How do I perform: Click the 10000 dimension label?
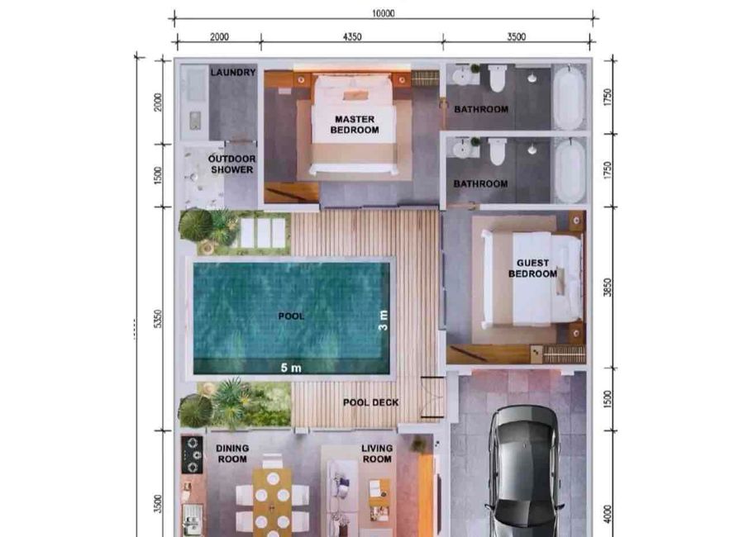(383, 13)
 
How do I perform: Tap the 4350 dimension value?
(352, 36)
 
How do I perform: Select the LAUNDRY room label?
(233, 73)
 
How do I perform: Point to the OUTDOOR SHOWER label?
(232, 164)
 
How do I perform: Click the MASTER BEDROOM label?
(355, 124)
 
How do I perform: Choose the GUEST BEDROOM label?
(533, 268)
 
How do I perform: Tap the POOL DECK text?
(371, 402)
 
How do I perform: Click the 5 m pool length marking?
(291, 367)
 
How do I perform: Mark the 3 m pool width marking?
(384, 321)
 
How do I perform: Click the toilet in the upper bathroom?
(497, 78)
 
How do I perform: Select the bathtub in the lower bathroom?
(570, 171)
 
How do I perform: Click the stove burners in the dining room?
(192, 455)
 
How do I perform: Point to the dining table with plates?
(272, 502)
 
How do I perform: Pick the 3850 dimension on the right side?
(608, 287)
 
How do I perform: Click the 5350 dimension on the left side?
(158, 318)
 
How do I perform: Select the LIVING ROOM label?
(377, 454)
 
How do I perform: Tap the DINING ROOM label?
(232, 454)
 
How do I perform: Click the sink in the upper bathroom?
(460, 76)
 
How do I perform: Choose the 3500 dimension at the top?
(516, 36)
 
